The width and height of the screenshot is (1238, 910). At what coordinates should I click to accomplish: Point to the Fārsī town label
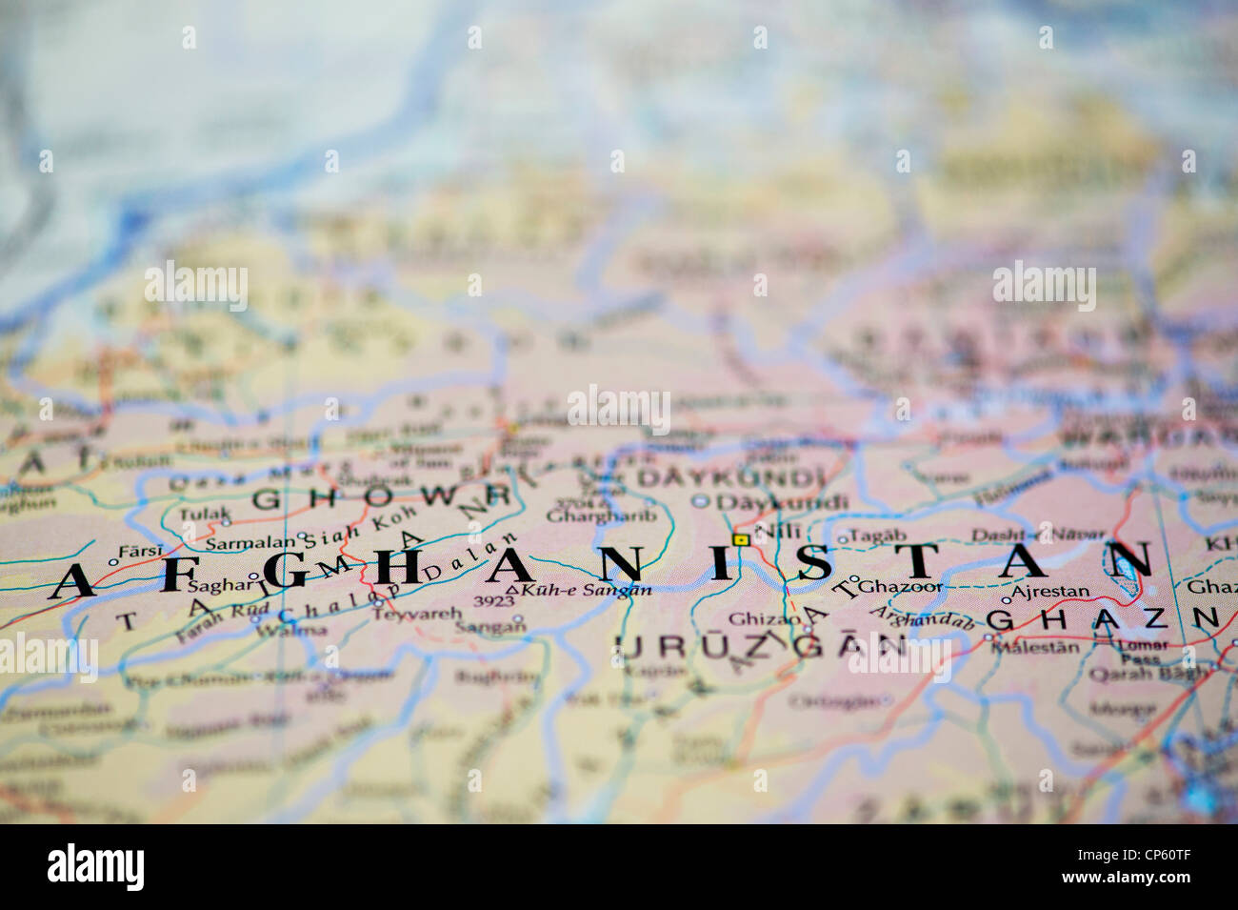[x=142, y=550]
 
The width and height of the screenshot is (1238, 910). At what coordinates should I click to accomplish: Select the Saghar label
[x=217, y=586]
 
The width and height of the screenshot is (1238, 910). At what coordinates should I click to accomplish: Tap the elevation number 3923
[x=493, y=601]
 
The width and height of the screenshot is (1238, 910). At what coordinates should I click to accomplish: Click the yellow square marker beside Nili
[x=740, y=540]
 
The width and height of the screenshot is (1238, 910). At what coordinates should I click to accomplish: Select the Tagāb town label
[x=877, y=536]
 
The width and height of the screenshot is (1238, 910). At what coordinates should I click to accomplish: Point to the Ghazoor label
[x=902, y=587]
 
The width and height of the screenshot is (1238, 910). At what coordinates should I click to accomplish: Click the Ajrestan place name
[x=1050, y=591]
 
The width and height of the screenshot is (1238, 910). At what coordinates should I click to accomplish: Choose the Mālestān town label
[x=1035, y=647]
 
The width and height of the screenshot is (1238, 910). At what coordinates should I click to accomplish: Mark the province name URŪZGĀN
[x=761, y=648]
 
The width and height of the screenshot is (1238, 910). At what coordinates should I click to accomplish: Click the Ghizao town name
[x=766, y=618]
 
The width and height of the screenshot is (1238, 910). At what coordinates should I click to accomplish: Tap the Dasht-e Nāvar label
[x=1039, y=535]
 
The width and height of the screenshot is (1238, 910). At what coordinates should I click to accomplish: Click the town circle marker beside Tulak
[x=226, y=521]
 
